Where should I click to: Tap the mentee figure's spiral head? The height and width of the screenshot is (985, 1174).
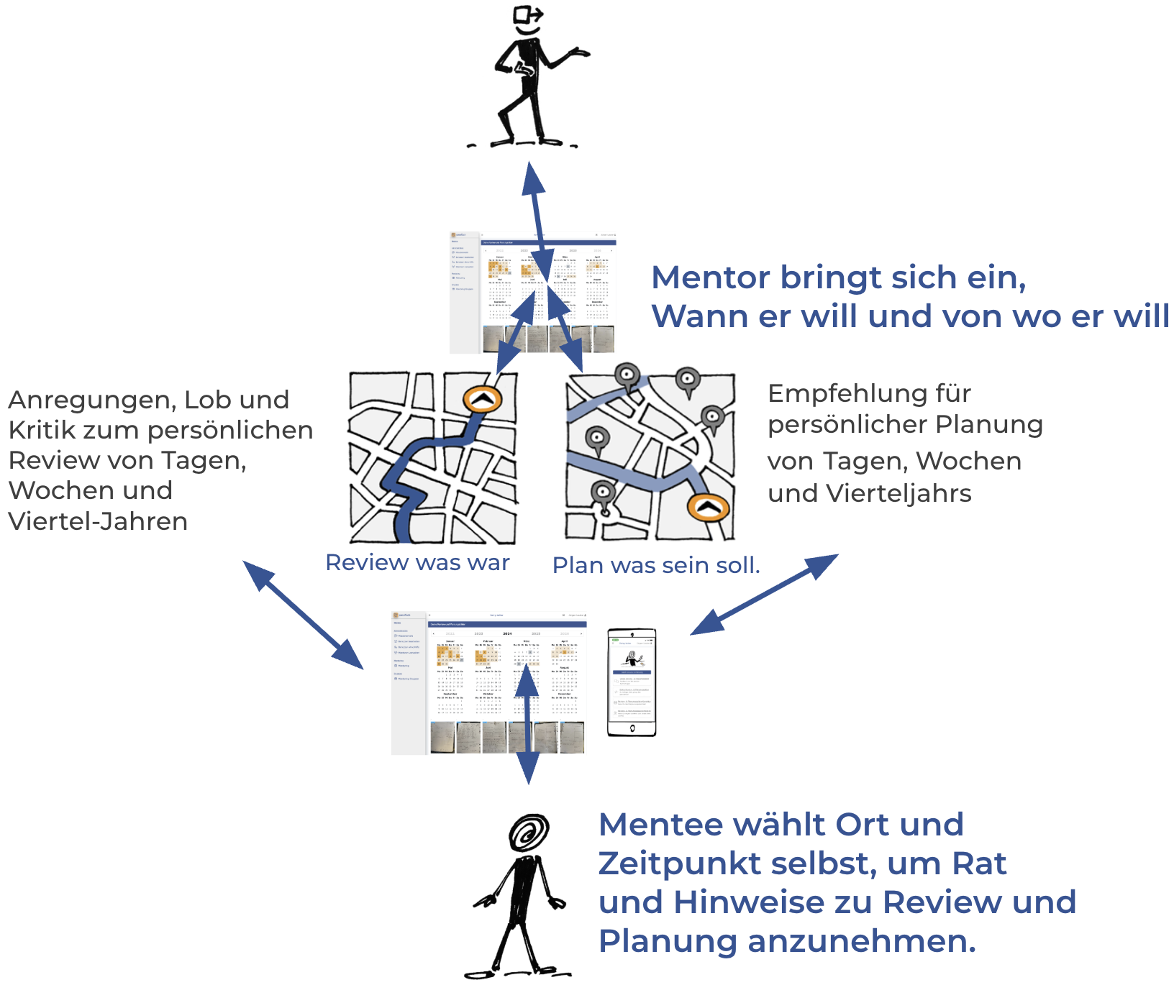[x=529, y=834]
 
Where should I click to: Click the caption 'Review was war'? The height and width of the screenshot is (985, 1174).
[x=417, y=562]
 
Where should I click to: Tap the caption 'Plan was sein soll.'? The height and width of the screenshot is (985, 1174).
[x=656, y=565]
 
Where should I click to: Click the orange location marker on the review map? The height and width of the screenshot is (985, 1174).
[x=482, y=400]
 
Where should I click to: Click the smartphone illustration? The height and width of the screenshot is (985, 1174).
[x=632, y=682]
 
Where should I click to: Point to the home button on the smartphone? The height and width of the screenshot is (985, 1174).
[x=632, y=728]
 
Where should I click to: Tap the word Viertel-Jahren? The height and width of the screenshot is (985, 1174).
[x=98, y=521]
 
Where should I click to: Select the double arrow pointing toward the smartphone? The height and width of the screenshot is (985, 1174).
[x=764, y=594]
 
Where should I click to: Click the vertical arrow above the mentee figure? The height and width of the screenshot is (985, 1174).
[x=527, y=723]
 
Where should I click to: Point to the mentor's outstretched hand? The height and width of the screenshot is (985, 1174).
[x=579, y=52]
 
